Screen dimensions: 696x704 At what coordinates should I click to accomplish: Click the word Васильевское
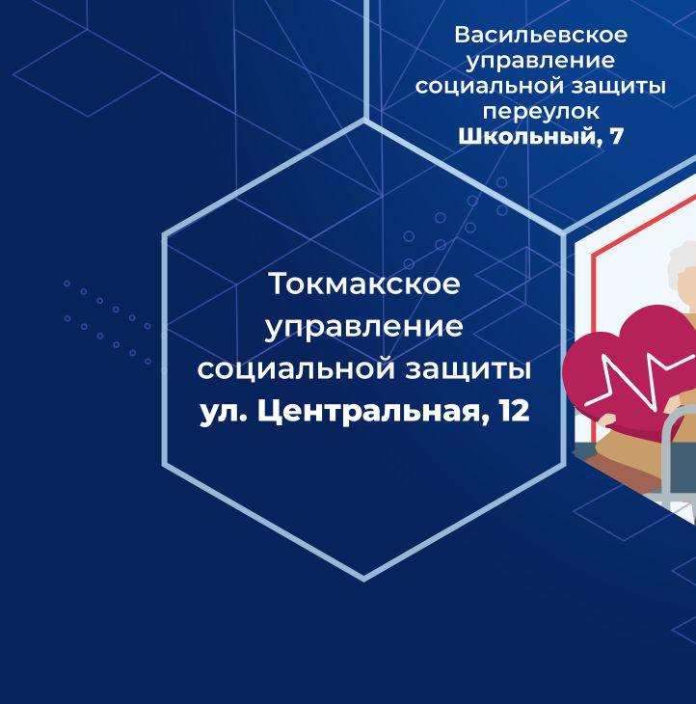540,35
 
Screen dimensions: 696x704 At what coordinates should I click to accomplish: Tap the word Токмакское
364,284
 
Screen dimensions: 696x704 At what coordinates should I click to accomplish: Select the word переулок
541,112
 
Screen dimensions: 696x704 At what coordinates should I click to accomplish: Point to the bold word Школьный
527,137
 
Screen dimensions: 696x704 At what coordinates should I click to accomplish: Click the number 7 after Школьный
617,137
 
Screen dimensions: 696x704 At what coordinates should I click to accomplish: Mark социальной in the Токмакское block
295,369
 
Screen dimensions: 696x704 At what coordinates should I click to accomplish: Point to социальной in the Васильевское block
489,86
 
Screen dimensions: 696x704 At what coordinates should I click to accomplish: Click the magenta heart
629,368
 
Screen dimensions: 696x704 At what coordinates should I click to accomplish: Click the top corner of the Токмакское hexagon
364,121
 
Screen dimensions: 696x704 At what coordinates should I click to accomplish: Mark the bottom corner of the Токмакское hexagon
364,580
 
